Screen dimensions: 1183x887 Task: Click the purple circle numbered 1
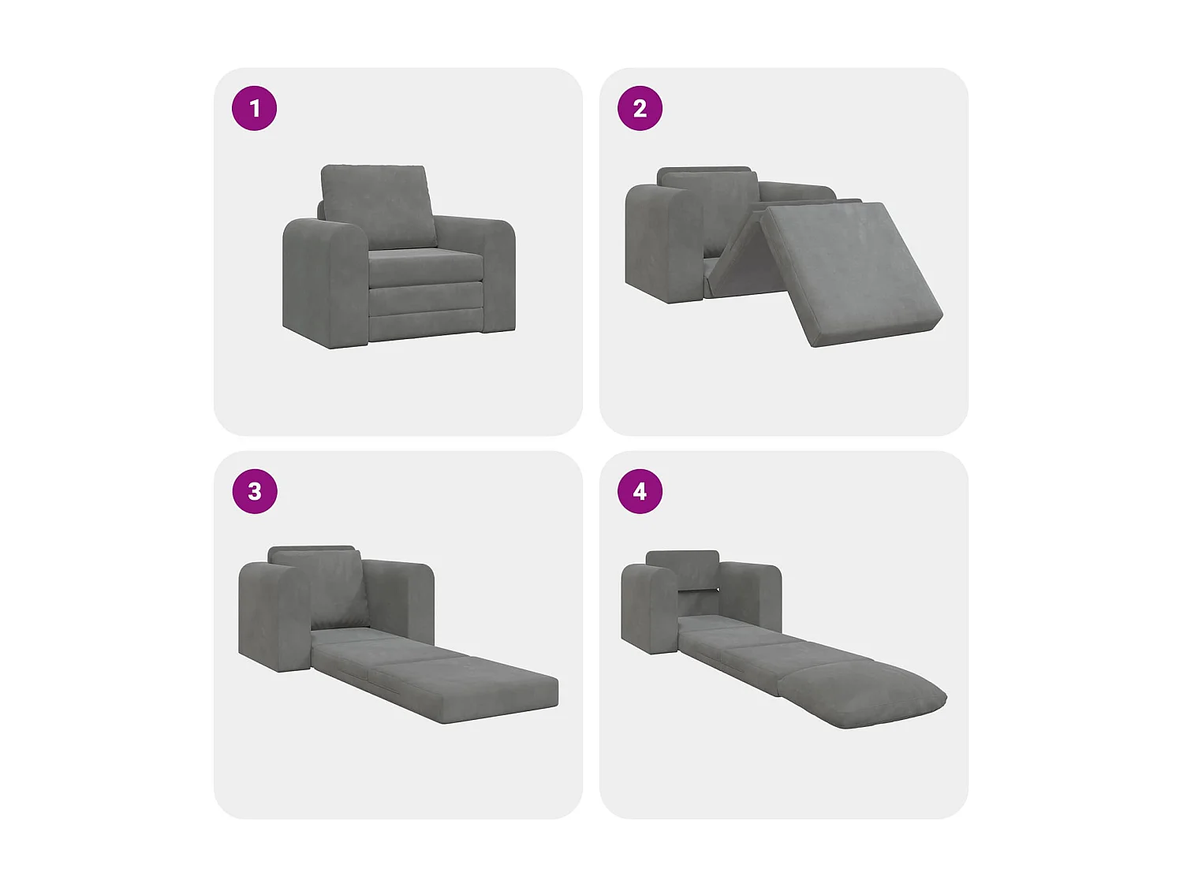point(254,108)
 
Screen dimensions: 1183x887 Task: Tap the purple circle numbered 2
point(640,108)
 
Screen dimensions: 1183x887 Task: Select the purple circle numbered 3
point(255,491)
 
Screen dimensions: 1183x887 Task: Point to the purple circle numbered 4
point(640,491)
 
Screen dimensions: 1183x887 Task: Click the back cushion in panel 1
point(379,207)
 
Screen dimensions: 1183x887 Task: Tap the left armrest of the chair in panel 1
point(325,282)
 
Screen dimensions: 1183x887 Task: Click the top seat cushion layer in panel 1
point(426,268)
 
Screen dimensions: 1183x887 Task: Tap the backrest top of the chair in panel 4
point(682,568)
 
